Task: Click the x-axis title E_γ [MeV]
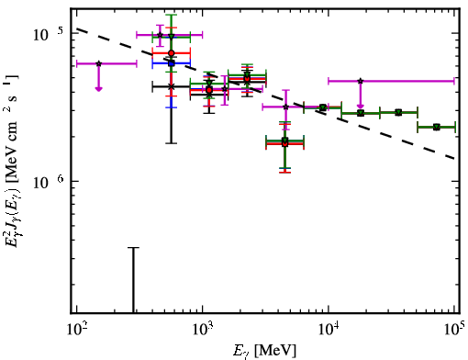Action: (264, 351)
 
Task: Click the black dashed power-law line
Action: (266, 94)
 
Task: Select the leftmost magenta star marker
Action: (98, 63)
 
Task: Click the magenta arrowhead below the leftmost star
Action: (98, 89)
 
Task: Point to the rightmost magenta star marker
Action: (361, 81)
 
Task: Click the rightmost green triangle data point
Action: (437, 127)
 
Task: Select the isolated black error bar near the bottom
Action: (133, 280)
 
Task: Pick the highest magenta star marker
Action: (160, 35)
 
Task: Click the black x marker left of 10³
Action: (172, 87)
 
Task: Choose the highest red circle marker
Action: (172, 53)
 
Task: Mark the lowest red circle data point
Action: (284, 143)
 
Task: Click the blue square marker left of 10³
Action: (172, 63)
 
